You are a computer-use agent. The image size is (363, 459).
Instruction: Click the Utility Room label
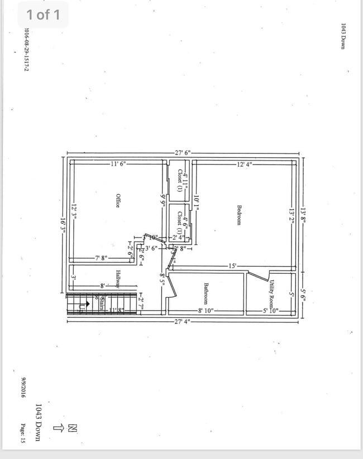pos(271,294)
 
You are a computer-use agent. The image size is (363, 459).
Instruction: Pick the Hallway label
pos(118,279)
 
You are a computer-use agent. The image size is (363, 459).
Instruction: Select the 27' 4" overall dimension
pos(182,321)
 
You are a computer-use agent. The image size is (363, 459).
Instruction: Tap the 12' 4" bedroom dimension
pos(245,164)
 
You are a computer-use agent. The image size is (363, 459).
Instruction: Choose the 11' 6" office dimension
pos(118,164)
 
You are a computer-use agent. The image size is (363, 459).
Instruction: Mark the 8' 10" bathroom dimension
pos(206,311)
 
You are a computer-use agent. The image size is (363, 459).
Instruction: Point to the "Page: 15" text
pos(24,432)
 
